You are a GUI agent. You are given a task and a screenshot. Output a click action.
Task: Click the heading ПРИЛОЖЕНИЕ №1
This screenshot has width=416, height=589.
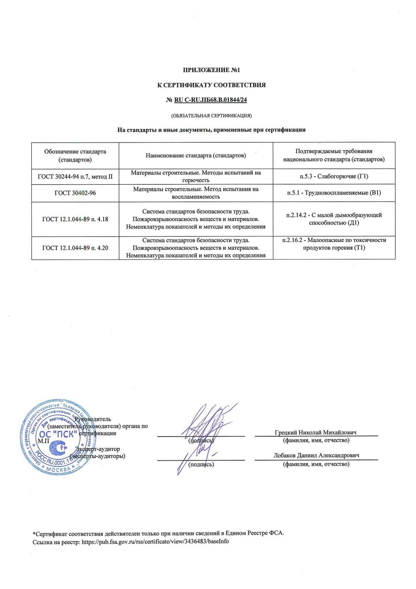click(x=212, y=70)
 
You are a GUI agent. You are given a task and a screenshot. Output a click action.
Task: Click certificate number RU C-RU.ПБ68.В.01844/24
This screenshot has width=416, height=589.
click(x=211, y=100)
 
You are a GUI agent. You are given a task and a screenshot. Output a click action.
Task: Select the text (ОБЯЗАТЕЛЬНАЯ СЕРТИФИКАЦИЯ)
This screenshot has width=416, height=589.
click(x=211, y=116)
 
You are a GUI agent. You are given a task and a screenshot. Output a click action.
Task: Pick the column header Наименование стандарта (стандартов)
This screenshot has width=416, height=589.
click(x=196, y=155)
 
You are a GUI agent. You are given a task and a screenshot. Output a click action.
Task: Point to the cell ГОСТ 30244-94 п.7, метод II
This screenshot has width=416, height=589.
click(x=75, y=176)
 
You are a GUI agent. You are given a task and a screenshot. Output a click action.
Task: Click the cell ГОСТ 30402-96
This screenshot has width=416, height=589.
click(x=75, y=193)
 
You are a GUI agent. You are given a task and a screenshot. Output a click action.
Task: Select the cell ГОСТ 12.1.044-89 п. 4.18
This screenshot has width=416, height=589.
click(x=75, y=220)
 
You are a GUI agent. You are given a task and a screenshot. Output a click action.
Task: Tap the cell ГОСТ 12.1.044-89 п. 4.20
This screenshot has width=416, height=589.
click(x=75, y=248)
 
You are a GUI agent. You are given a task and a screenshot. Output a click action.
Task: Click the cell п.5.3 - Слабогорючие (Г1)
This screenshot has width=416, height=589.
click(x=334, y=176)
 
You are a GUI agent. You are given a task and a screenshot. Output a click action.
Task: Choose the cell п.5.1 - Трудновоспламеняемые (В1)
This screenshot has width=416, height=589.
click(x=334, y=193)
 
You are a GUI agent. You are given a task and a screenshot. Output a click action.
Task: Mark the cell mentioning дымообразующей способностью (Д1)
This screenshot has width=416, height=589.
click(x=334, y=219)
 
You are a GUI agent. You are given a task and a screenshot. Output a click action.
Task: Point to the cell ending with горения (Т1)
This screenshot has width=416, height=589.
click(x=334, y=244)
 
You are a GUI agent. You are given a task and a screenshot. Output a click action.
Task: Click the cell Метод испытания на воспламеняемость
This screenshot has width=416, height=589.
click(x=196, y=193)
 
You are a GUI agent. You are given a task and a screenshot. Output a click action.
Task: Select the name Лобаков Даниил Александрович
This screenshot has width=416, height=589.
click(x=316, y=456)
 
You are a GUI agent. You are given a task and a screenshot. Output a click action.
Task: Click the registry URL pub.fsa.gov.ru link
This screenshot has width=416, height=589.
click(x=155, y=542)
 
